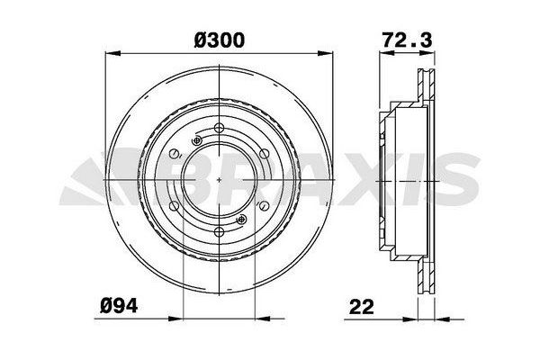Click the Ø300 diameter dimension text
pos(220,40)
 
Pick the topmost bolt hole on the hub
pos(220,127)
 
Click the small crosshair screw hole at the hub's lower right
pos(240,219)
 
